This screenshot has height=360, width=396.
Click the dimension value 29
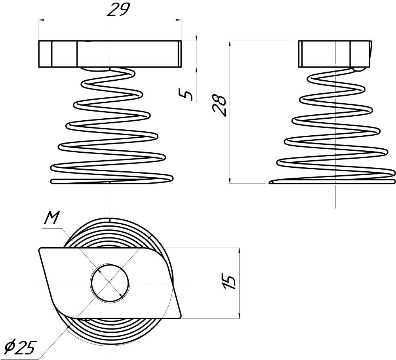tap(118, 10)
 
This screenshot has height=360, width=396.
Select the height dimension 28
tap(221, 105)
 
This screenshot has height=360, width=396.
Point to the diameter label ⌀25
tap(20, 347)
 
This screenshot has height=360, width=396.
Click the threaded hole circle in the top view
tap(110, 282)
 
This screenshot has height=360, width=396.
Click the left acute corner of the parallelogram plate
tap(40, 249)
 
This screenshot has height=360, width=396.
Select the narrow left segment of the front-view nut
tap(45, 54)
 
